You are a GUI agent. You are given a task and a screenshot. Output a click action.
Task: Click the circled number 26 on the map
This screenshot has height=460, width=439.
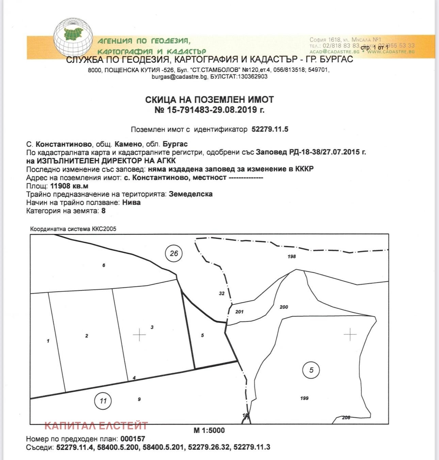174,253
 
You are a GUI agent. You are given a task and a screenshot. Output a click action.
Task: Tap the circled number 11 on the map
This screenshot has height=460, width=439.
103,401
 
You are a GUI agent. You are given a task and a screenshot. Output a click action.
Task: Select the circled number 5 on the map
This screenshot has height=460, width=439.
311,370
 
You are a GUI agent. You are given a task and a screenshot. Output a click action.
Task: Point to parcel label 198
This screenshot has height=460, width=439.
292,256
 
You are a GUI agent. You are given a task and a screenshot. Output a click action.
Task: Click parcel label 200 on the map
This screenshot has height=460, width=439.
283,307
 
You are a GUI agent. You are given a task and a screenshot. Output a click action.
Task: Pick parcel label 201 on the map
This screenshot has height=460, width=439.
239,312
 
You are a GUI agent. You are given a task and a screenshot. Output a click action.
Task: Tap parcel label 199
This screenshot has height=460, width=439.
304,398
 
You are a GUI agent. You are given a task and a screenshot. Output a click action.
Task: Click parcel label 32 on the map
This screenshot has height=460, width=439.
222,293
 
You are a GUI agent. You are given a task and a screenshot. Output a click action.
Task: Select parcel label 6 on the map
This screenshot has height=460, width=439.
104,265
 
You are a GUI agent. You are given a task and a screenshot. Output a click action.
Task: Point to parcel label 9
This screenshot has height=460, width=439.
139,399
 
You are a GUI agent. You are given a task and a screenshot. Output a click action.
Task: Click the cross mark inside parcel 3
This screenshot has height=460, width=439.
139,335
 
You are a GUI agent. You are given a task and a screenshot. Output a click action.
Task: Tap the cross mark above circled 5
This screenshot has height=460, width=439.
350,335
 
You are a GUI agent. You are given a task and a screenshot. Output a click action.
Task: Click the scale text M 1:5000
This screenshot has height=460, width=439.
209,430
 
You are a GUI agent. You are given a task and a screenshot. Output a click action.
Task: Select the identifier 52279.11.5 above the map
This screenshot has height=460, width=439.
270,129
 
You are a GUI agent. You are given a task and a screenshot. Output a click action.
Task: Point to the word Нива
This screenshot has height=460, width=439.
131,202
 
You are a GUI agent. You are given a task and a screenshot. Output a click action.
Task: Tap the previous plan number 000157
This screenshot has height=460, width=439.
133,439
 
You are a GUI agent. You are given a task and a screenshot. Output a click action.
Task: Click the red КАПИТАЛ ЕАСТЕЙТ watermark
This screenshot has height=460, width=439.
96,425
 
